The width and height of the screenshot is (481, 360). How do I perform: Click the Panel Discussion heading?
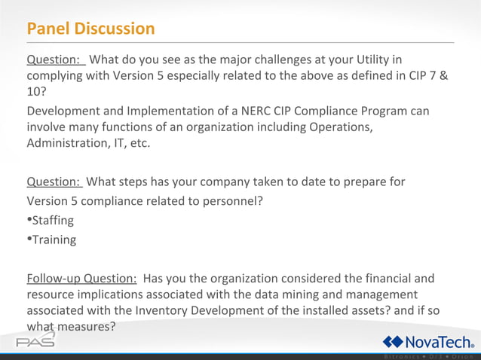(x=90, y=29)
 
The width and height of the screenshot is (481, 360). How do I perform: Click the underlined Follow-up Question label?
(x=81, y=278)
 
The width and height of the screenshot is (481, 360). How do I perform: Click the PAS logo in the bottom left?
(x=35, y=341)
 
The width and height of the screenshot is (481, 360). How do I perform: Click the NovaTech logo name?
(x=438, y=341)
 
